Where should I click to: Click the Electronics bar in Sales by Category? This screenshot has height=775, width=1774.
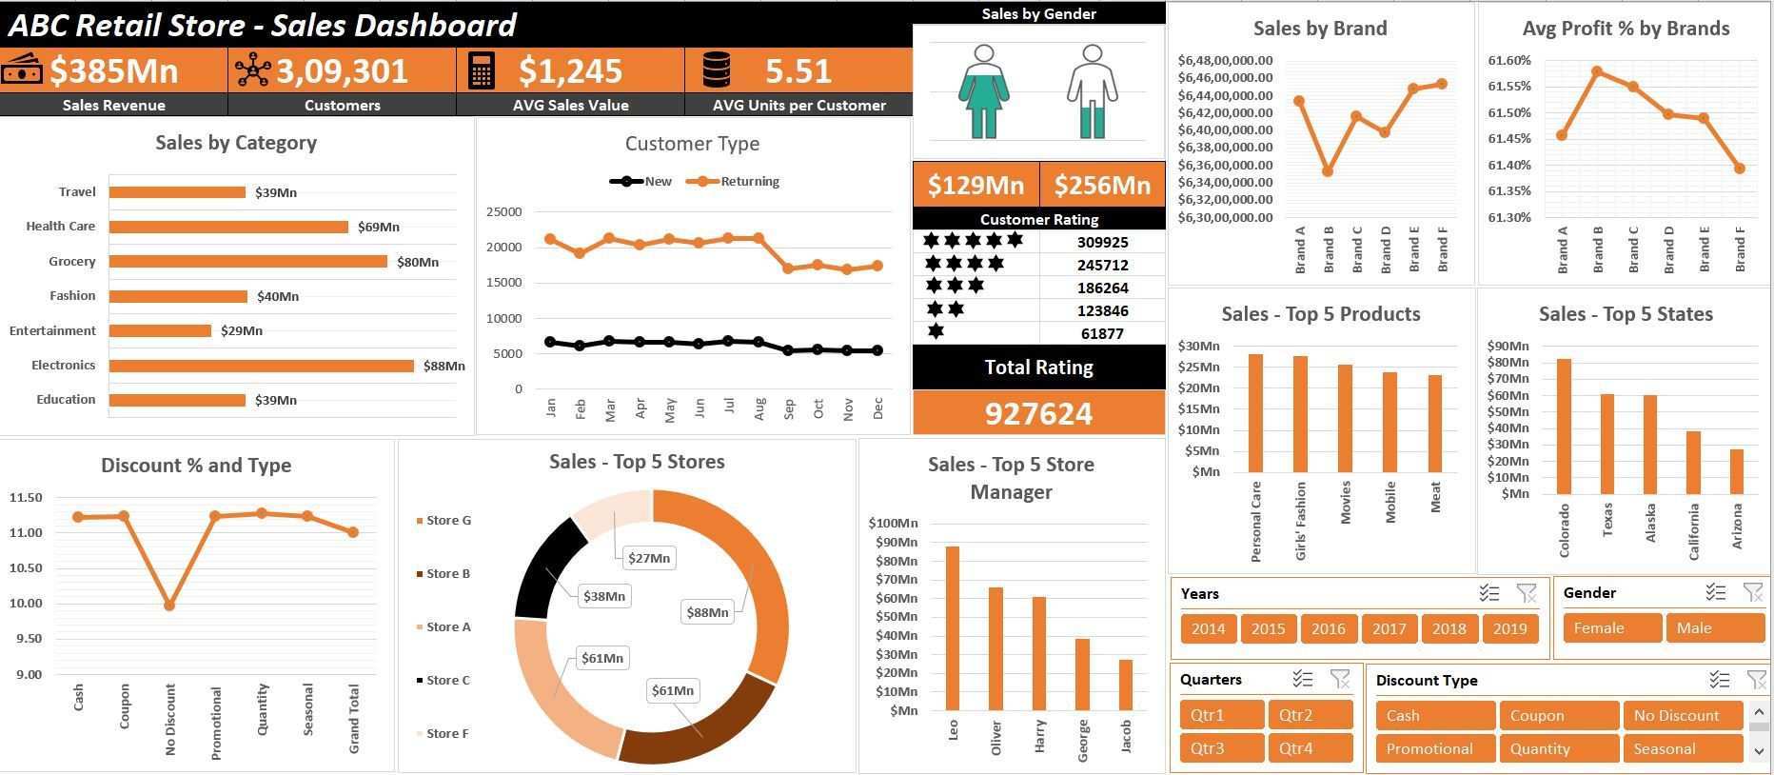point(261,366)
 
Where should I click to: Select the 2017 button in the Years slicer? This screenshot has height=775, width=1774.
point(1389,628)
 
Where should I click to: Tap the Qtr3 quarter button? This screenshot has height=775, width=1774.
point(1221,748)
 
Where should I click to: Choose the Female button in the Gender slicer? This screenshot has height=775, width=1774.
point(1611,628)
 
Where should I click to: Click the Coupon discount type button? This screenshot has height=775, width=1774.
point(1558,715)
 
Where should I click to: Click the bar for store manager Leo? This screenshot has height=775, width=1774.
point(952,628)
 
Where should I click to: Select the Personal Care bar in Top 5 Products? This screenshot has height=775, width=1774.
point(1255,413)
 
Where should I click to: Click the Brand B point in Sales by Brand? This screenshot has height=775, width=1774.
point(1328,172)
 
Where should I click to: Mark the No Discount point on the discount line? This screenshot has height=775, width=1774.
point(169,606)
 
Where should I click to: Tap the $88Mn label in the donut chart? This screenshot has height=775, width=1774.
point(707,612)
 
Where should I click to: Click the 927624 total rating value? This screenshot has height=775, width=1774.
point(1038,413)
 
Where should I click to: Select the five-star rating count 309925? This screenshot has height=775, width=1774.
point(1102,242)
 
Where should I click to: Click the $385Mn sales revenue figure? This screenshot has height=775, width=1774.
point(113,70)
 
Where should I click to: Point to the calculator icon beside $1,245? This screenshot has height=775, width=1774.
point(482,70)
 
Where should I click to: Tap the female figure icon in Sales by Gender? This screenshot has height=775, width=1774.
point(984,91)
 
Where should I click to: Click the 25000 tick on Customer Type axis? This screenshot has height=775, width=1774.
point(503,211)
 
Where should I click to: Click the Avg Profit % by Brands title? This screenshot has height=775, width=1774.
point(1626,29)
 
